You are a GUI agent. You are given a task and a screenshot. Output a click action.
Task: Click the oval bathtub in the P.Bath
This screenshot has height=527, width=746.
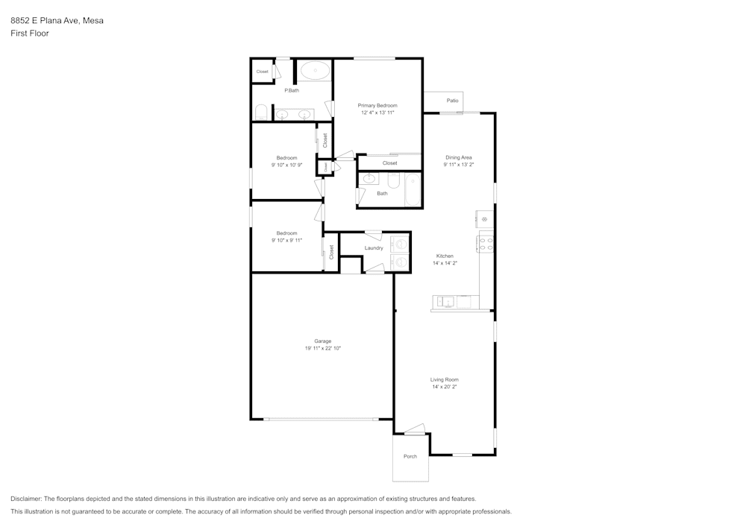[316, 72]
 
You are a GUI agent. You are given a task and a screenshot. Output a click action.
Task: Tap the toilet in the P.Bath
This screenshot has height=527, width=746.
[261, 113]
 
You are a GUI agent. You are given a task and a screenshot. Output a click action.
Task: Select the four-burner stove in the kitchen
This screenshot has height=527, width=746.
[486, 244]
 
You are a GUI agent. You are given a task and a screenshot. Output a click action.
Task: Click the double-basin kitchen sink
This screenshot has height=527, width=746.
[445, 302]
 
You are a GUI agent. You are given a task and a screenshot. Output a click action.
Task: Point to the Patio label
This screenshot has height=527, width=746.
[452, 101]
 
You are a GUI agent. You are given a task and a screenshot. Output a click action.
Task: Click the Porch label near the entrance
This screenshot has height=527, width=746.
[410, 456]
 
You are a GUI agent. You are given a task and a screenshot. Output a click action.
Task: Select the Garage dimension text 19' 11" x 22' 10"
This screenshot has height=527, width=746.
[322, 348]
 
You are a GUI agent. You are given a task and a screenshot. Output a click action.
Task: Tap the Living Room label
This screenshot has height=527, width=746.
[445, 379]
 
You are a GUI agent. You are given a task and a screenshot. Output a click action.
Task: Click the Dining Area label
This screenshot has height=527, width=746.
[459, 157]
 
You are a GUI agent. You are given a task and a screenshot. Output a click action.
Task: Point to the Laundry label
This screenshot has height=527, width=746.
[374, 248]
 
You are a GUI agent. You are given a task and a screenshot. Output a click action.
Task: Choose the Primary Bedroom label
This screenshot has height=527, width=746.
[377, 106]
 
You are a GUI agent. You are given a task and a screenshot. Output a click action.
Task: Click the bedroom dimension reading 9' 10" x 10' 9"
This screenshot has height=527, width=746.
[286, 165]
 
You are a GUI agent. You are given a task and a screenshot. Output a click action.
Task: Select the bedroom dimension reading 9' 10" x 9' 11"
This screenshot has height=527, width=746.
[286, 240]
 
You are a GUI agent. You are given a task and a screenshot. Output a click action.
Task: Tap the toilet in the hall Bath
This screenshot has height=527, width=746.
[394, 180]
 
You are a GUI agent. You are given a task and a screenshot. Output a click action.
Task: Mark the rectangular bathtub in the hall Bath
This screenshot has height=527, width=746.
[413, 189]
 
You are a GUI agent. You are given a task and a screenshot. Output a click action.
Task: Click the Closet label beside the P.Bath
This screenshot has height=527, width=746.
[262, 72]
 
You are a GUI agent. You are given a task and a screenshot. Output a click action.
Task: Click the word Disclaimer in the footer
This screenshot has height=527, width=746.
[26, 499]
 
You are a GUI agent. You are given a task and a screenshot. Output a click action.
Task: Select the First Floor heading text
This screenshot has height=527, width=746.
[30, 34]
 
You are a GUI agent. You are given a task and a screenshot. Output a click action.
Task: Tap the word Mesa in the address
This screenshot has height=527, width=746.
[93, 21]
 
